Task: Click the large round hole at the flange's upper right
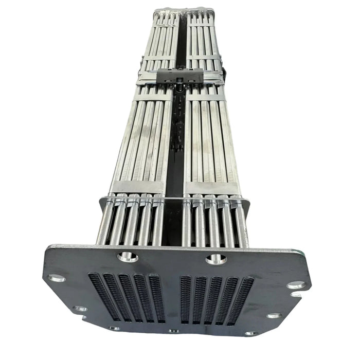point(216,258)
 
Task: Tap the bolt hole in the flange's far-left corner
point(56,278)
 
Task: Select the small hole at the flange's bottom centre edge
point(174,331)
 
